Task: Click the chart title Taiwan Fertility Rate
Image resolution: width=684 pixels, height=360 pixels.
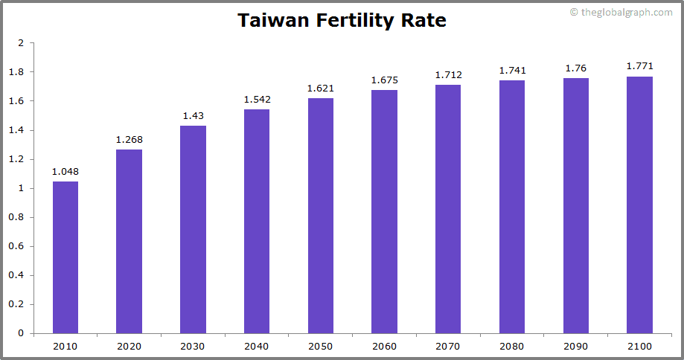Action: coord(342,20)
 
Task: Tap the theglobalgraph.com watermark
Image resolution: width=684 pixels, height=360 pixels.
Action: coord(621,12)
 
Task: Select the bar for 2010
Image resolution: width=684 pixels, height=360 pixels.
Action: coord(65,257)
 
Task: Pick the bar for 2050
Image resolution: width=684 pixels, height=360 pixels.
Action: coord(320,216)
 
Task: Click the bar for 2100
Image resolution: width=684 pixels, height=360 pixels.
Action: coord(639,205)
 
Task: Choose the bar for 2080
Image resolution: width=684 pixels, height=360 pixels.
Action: coord(512,207)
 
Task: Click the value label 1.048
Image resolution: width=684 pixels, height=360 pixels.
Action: coord(65,172)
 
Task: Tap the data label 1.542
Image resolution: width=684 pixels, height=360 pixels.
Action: coord(257,100)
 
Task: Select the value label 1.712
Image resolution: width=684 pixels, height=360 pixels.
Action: coord(448,75)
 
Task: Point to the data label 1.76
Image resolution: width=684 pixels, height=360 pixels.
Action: coord(576,68)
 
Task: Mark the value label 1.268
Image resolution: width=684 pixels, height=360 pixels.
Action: coord(129,140)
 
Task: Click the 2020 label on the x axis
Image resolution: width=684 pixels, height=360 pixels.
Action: coord(129,346)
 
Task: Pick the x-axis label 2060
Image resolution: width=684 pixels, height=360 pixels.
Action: coord(384,346)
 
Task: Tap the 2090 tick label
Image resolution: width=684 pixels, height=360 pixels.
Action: coord(576,346)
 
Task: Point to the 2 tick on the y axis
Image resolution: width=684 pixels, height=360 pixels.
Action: coord(21,43)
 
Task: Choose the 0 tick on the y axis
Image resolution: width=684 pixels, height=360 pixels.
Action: coord(21,333)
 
